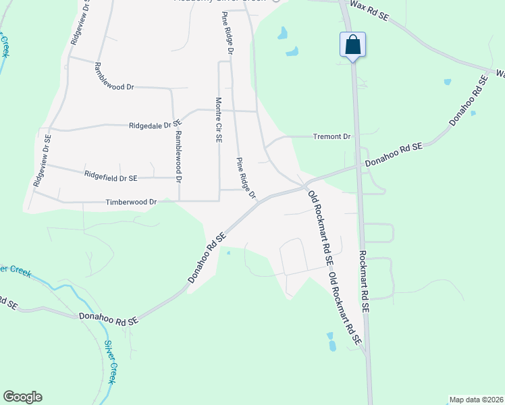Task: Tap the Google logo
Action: coord(22,397)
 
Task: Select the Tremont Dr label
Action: coord(332,137)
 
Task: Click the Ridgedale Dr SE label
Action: coord(156,125)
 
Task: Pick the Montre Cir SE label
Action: coord(219,119)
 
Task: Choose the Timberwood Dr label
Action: coord(131,202)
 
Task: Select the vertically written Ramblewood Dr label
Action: coord(179,155)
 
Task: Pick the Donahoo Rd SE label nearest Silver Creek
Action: coord(108,317)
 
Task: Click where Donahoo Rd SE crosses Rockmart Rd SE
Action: coord(357,165)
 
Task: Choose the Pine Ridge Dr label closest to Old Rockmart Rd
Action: coord(246,178)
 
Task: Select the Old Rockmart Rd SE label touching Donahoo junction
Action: coord(320,227)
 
